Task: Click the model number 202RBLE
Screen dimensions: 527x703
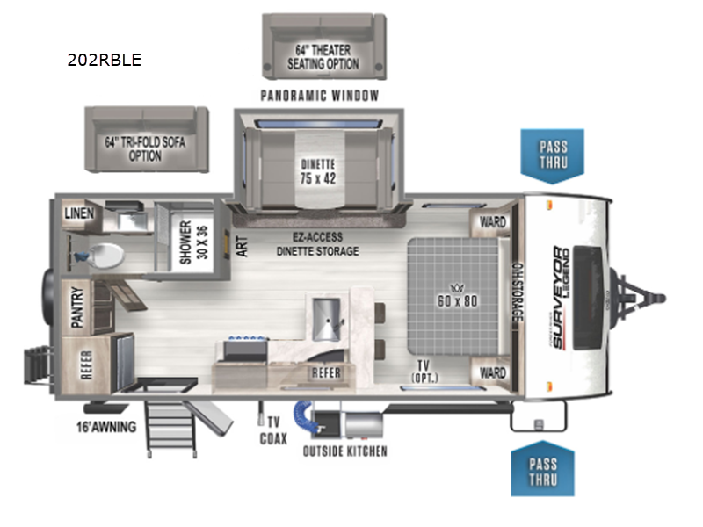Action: pos(104,61)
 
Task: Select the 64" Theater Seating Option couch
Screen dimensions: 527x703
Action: pos(323,45)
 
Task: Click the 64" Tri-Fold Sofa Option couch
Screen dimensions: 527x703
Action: pos(145,140)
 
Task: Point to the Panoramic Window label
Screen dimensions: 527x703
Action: pos(319,95)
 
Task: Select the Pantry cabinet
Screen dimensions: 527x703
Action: pos(80,307)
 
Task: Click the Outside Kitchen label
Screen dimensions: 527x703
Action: pos(344,451)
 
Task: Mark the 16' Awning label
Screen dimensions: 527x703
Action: pos(105,428)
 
